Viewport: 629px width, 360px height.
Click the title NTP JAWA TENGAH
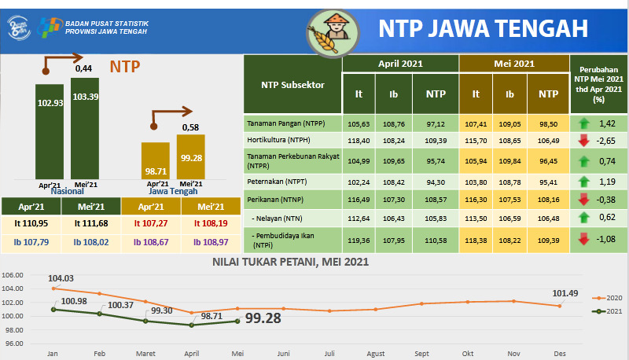pyautogui.click(x=483, y=29)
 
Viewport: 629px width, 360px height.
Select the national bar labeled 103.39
pyautogui.click(x=85, y=126)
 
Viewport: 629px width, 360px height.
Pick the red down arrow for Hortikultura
pyautogui.click(x=583, y=140)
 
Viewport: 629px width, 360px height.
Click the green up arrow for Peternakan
pyautogui.click(x=583, y=181)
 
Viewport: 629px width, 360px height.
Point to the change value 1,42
pyautogui.click(x=607, y=123)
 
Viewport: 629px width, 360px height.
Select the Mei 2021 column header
pyautogui.click(x=514, y=64)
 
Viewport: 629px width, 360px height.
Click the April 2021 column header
pyautogui.click(x=401, y=64)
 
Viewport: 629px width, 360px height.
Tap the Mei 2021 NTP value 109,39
pyautogui.click(x=549, y=240)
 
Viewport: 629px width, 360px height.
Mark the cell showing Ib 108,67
pyautogui.click(x=151, y=241)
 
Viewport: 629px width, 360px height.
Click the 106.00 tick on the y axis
pyautogui.click(x=13, y=276)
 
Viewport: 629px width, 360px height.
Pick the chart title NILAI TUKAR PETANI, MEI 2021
pyautogui.click(x=291, y=262)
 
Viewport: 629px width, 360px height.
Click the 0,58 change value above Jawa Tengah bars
pyautogui.click(x=190, y=127)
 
